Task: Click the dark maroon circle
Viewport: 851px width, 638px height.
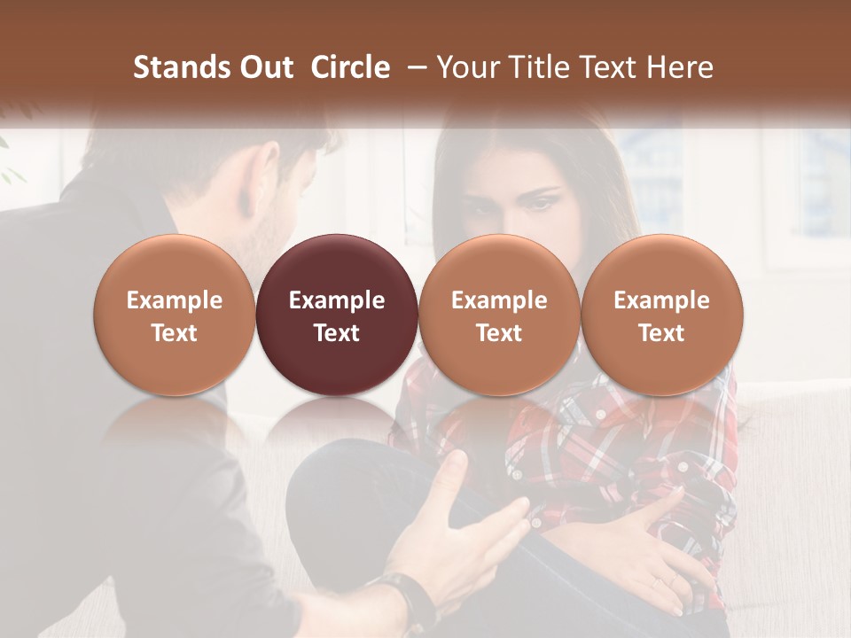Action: [x=337, y=315]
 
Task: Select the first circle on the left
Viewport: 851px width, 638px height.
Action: [x=175, y=315]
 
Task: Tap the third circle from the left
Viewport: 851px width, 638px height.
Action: [x=499, y=315]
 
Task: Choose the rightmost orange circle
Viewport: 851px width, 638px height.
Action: [x=661, y=315]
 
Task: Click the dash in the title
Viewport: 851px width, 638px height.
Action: [x=413, y=67]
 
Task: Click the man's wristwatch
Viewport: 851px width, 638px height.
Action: [x=406, y=598]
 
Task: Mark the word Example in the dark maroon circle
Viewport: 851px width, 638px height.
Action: [x=337, y=300]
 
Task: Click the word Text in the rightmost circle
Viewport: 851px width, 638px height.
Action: [x=661, y=333]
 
